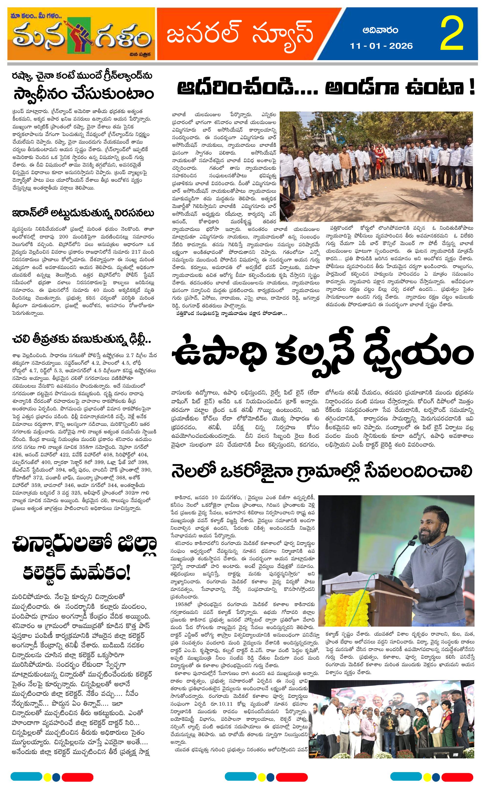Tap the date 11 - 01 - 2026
(x=381, y=46)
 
